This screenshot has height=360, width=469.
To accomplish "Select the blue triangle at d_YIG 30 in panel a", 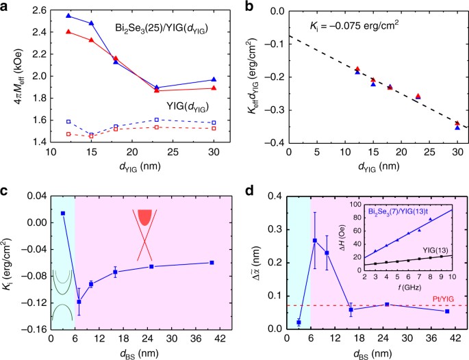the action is tap(214, 79).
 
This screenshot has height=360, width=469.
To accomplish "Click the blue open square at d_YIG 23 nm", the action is tap(156, 120).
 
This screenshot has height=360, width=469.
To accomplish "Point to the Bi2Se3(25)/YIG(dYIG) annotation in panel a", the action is tap(162, 29).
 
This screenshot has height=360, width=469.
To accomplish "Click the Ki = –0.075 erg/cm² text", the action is tap(354, 26).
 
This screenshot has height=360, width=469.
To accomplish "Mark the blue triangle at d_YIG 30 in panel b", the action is tap(457, 128).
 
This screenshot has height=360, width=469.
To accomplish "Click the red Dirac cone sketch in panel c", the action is tap(144, 235).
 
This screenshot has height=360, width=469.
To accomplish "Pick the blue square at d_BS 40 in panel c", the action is tap(212, 263).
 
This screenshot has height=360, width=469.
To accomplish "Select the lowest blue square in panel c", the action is tap(79, 302).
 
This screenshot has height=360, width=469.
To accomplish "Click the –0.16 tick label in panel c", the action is tap(36, 329).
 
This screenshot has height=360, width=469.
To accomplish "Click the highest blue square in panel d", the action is tap(315, 240).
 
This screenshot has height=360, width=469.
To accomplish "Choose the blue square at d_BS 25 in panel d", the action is tap(387, 305).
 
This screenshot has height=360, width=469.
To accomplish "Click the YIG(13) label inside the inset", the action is tap(437, 250).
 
